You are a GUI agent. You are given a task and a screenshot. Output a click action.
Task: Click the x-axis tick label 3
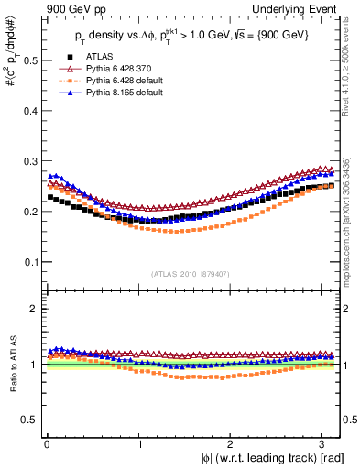click(323, 442)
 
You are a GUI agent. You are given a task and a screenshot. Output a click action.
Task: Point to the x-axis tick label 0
click(46, 442)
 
